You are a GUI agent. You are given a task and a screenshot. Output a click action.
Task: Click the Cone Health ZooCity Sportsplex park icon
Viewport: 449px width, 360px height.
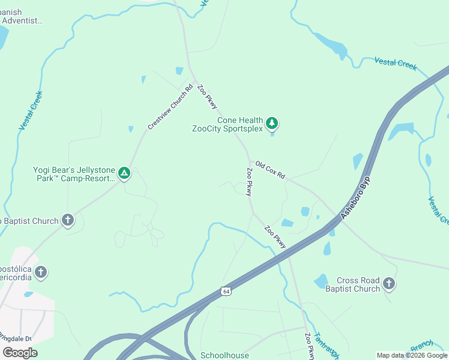click(x=273, y=123)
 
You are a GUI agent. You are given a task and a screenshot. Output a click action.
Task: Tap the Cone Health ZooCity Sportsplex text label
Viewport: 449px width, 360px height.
click(x=228, y=124)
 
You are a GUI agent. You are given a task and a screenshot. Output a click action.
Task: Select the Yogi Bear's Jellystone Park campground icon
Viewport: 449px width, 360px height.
click(x=124, y=174)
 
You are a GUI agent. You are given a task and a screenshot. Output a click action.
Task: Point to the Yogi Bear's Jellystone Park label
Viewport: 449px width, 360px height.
click(x=73, y=174)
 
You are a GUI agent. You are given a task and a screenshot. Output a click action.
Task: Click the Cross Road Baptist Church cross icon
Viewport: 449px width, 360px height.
click(x=389, y=284)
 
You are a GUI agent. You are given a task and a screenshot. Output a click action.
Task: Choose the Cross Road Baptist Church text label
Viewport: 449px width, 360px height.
click(x=358, y=284)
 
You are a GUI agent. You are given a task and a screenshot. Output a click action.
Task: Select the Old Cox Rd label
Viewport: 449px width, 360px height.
click(x=270, y=170)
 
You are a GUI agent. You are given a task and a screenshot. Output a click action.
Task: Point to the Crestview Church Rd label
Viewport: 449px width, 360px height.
click(x=171, y=107)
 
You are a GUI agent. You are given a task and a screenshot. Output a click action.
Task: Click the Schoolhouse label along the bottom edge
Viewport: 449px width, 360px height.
click(x=224, y=355)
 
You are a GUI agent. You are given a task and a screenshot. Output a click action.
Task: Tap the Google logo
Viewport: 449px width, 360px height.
click(x=20, y=352)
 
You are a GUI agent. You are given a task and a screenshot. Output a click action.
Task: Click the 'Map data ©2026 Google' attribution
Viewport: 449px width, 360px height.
click(x=411, y=355)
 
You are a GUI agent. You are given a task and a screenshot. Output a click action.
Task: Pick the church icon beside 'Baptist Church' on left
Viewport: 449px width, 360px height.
click(x=67, y=221)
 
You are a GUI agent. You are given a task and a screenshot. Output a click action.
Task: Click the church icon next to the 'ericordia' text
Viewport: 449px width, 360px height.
click(x=40, y=272)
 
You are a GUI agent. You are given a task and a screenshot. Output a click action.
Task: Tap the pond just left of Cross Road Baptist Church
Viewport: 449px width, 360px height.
click(x=321, y=280)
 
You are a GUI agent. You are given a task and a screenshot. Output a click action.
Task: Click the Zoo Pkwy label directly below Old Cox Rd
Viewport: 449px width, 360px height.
click(x=249, y=181)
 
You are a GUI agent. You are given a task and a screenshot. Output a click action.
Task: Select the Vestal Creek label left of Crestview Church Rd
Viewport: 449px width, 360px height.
click(x=31, y=110)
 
